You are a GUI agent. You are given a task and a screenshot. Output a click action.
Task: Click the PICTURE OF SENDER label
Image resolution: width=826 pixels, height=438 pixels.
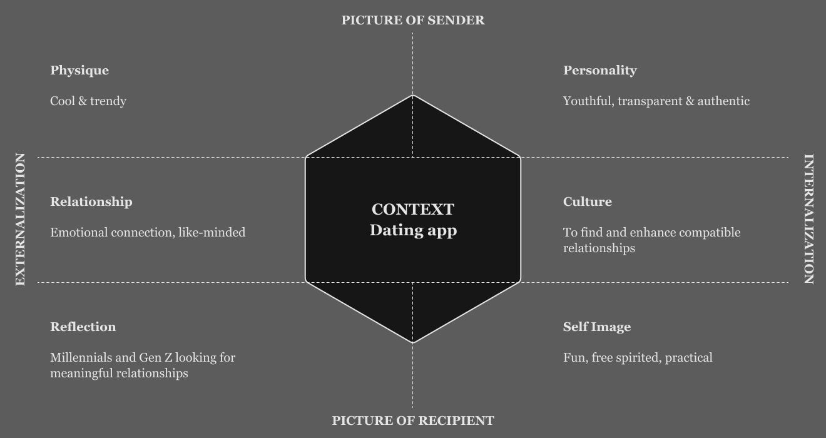click(x=413, y=20)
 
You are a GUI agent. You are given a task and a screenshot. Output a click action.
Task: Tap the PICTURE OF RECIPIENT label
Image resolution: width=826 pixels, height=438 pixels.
click(x=413, y=420)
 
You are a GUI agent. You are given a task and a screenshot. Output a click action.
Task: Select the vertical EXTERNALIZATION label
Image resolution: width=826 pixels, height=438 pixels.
click(x=20, y=219)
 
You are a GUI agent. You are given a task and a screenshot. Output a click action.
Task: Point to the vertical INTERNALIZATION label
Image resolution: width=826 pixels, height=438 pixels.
click(x=808, y=219)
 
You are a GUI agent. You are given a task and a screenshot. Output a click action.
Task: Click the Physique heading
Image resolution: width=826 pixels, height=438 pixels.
click(x=79, y=70)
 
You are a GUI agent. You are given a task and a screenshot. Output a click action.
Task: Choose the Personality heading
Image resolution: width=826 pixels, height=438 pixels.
click(x=599, y=70)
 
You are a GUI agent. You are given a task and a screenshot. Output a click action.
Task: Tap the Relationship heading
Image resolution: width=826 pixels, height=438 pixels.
click(x=91, y=201)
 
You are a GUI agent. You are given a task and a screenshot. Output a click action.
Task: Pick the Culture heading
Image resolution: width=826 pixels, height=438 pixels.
click(x=587, y=201)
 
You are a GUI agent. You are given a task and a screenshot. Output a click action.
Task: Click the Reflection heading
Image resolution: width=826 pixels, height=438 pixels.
click(x=83, y=327)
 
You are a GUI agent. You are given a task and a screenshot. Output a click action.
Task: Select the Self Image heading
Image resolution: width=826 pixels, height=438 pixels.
click(x=597, y=327)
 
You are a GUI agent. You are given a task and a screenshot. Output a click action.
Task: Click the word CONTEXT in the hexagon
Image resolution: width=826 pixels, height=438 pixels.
click(x=413, y=209)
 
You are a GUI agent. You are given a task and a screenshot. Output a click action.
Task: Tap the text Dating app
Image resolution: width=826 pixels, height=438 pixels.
click(x=413, y=230)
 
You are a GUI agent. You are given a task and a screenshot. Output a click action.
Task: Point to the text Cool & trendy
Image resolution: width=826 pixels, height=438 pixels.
click(x=88, y=101)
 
